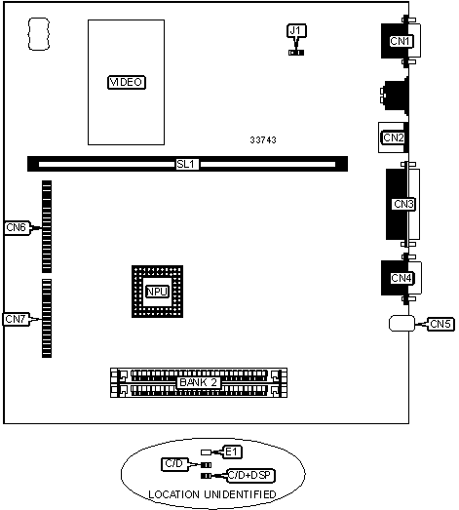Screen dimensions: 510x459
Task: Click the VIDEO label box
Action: [127, 83]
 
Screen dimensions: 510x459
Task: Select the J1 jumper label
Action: [296, 31]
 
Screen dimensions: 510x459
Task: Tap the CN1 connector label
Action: [402, 41]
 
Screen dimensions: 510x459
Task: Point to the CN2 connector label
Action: [393, 137]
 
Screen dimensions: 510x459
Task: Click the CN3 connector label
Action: [403, 204]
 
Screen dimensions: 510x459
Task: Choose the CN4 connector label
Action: [402, 278]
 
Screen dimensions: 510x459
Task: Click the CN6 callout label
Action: [17, 228]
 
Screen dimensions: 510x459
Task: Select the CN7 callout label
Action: [17, 319]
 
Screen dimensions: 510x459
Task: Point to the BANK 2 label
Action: [200, 382]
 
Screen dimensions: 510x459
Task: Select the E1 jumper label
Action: [232, 451]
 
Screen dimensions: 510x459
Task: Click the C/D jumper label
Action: [175, 464]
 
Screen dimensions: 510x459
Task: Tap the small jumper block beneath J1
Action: [294, 53]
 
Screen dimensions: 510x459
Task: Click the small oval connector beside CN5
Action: [401, 323]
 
